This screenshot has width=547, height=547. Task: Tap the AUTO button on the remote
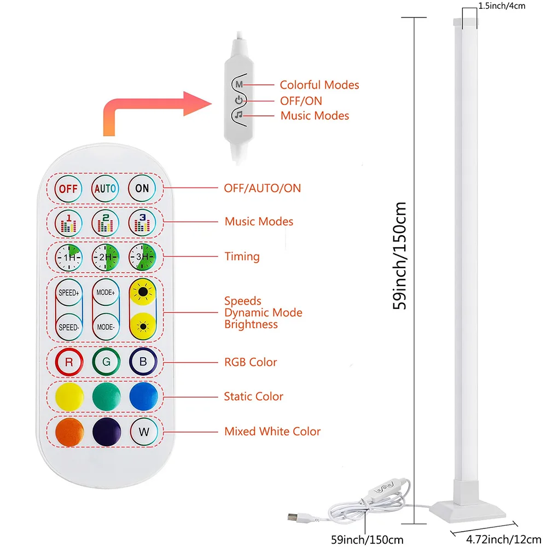104,189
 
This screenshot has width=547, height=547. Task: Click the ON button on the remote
142,188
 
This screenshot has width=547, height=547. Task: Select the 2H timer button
104,257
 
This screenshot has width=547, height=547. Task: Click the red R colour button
69,362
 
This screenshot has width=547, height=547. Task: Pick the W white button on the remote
144,431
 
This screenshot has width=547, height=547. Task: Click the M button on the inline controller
238,85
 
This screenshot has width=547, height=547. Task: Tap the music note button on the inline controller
239,115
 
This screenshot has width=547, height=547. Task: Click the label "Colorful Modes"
319,85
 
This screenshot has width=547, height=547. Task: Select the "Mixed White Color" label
272,432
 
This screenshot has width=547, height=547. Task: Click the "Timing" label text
242,257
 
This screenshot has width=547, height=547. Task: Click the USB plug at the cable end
294,516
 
